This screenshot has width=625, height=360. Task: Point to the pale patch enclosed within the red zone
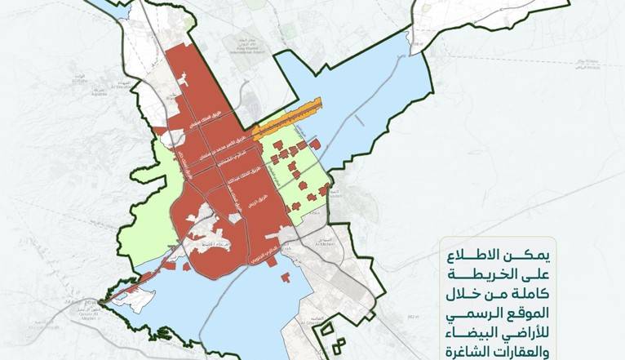pos(201,220)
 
